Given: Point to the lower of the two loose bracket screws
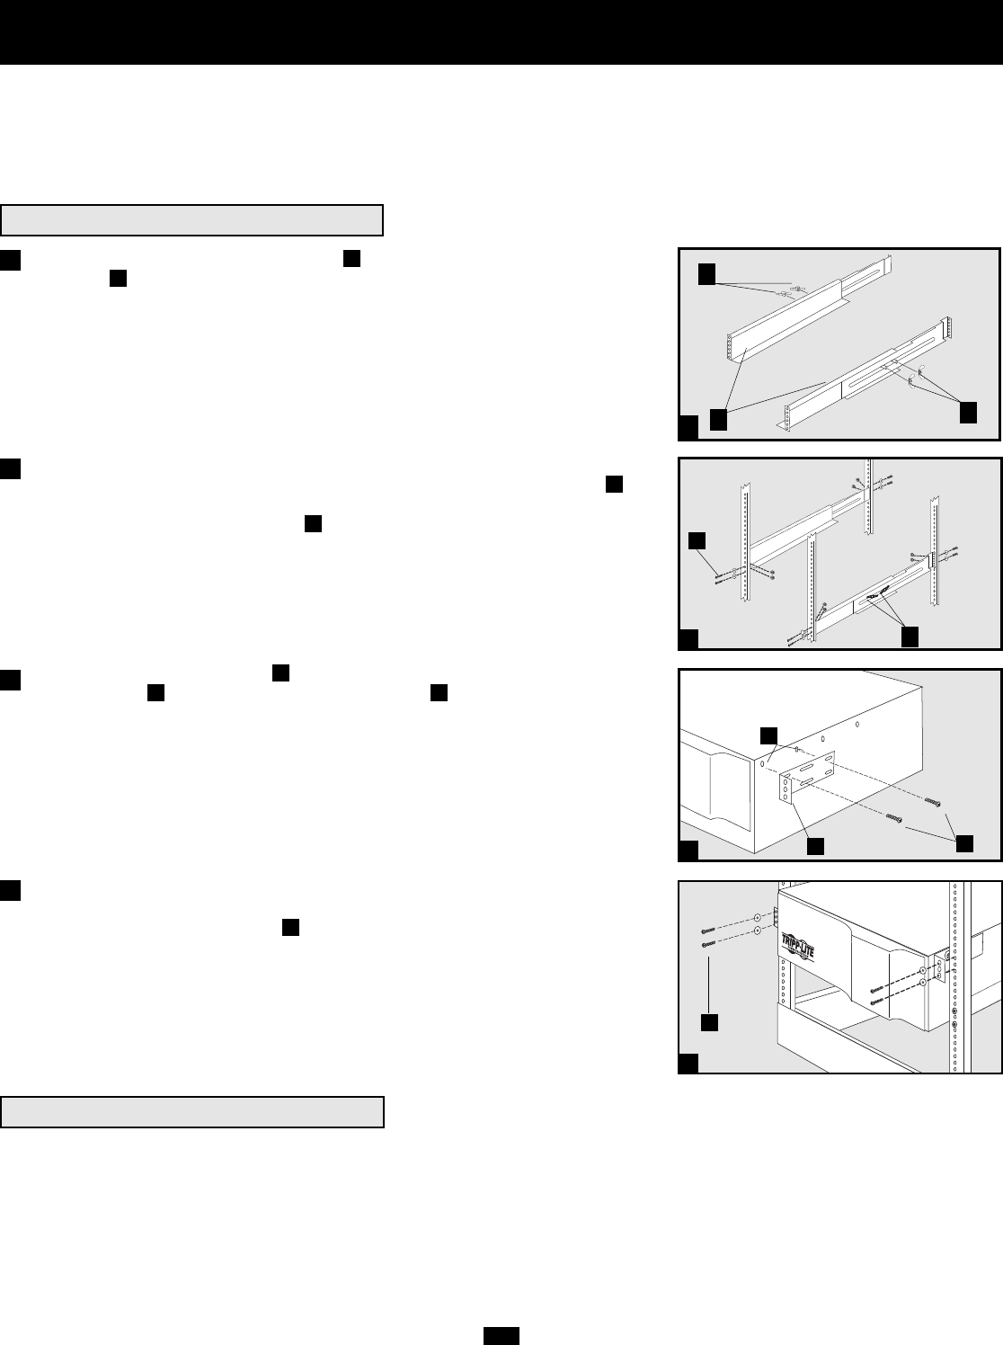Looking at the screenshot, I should pos(893,817).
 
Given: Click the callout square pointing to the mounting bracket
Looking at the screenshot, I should pos(815,846).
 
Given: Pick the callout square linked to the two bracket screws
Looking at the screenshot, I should pos(964,843).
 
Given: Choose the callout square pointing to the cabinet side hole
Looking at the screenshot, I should pos(769,735).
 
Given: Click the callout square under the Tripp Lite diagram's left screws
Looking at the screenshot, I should pos(709,1022).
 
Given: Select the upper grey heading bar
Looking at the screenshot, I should pos(192,219).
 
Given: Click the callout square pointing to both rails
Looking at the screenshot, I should pos(718,419).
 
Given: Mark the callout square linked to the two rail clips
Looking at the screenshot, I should pos(968,413).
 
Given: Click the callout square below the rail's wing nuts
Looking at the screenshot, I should pos(910,635).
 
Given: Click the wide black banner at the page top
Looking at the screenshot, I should pos(501,31).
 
